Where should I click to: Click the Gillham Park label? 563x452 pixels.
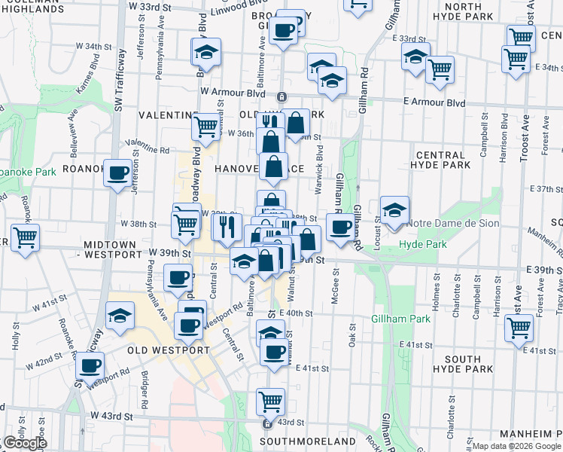pyautogui.click(x=400, y=319)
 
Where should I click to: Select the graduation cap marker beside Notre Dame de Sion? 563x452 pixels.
pyautogui.click(x=394, y=211)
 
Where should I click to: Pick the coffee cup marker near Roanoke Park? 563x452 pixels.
pyautogui.click(x=117, y=175)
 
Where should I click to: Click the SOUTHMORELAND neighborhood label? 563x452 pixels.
pyautogui.click(x=307, y=441)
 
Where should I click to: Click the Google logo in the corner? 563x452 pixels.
pyautogui.click(x=25, y=443)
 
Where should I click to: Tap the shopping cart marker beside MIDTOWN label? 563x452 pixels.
pyautogui.click(x=26, y=238)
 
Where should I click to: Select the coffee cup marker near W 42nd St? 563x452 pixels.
pyautogui.click(x=90, y=366)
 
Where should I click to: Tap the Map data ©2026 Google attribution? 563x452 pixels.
pyautogui.click(x=516, y=446)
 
